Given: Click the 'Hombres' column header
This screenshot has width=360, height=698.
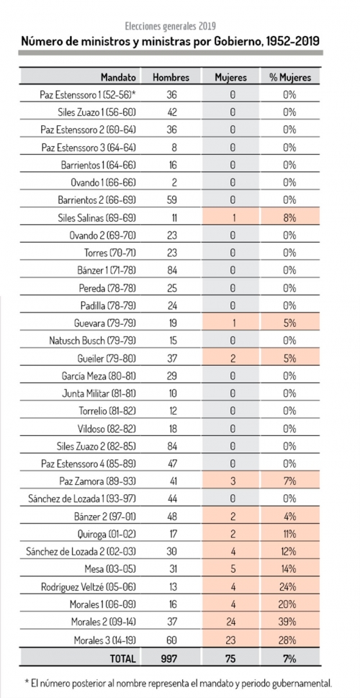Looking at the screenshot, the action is click(171, 77).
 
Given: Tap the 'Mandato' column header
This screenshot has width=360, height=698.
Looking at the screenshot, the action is click(118, 77).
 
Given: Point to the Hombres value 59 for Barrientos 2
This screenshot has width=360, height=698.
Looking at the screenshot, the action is click(171, 200).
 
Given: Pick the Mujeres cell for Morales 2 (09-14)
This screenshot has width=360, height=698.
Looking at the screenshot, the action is click(231, 622).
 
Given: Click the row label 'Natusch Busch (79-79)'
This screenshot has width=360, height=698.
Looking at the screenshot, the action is click(93, 341).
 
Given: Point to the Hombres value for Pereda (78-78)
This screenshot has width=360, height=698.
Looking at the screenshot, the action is click(171, 288).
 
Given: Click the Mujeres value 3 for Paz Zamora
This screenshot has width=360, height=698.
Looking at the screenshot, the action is click(231, 481).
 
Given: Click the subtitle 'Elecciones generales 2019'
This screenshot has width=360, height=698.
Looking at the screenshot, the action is click(171, 26).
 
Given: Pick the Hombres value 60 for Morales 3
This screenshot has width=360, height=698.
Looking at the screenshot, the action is click(171, 639).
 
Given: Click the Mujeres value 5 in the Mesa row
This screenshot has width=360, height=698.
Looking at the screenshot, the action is click(231, 569).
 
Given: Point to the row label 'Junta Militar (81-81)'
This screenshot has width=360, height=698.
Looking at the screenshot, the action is click(99, 393).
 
